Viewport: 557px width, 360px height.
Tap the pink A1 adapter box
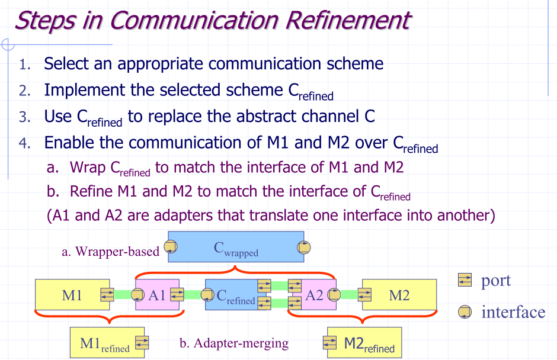point(156,294)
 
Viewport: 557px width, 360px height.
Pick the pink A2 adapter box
point(313,294)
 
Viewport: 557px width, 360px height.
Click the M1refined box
point(104,343)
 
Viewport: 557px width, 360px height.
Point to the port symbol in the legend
point(465,280)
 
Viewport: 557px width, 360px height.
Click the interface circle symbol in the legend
point(465,312)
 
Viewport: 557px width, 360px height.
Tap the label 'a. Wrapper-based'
point(110,252)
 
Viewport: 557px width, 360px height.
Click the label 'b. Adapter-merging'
point(233,343)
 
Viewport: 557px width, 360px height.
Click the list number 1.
point(24,64)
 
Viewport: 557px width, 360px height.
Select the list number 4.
point(24,143)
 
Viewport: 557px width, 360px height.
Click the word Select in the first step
point(66,63)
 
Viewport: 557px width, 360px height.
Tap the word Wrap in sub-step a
point(88,168)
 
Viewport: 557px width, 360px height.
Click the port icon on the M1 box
point(107,294)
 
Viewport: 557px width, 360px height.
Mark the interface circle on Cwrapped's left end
point(171,247)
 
